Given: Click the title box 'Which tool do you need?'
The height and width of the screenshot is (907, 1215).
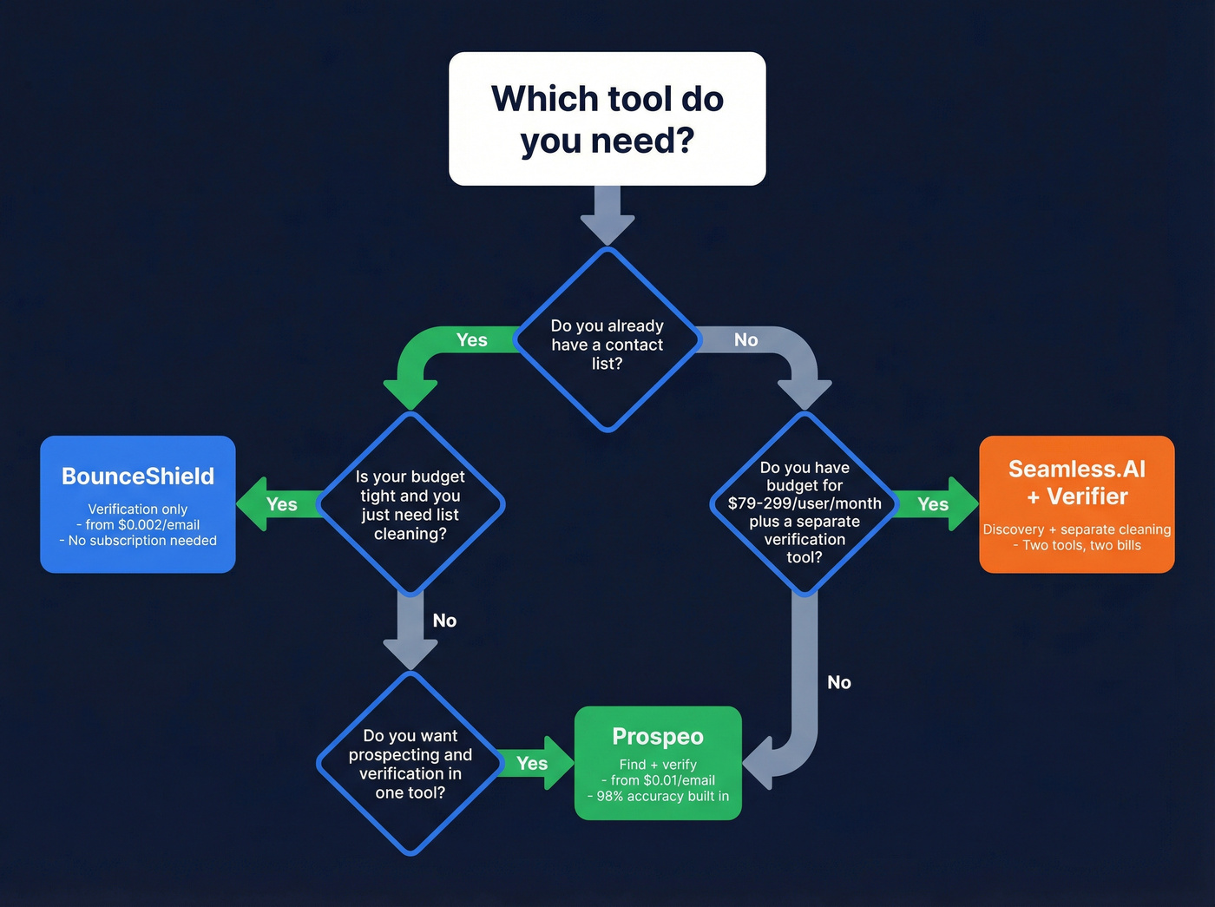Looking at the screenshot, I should click(607, 119).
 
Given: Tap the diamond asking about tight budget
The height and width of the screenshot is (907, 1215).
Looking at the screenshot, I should click(410, 504).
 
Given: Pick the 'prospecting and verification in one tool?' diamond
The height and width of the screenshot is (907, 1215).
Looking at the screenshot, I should click(410, 764).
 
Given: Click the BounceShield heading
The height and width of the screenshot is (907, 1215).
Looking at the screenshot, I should click(138, 477).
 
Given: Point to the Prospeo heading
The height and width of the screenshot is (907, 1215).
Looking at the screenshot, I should click(658, 736).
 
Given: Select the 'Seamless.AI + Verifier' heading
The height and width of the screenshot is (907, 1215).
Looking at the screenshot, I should click(1076, 483).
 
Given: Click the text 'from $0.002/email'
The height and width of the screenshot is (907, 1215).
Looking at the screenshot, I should click(142, 525).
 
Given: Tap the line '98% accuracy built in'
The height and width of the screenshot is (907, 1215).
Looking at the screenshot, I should click(662, 796).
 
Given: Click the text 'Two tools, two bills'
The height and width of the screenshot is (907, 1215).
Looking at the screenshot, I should click(1081, 545).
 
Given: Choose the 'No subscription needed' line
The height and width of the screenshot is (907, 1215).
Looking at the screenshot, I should click(142, 541).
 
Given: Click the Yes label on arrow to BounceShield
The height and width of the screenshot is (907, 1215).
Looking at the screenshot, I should click(282, 504).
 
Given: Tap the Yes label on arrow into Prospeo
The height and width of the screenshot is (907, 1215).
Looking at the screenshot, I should click(532, 763).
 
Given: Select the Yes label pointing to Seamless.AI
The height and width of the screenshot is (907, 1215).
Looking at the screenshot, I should click(933, 504).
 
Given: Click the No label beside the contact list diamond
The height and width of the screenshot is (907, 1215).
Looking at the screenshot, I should click(745, 340).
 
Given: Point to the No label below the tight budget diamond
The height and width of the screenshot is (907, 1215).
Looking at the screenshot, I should click(444, 621).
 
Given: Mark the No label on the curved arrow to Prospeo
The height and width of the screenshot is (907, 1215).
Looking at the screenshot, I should click(838, 682).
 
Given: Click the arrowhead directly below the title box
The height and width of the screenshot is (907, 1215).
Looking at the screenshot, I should click(607, 227).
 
